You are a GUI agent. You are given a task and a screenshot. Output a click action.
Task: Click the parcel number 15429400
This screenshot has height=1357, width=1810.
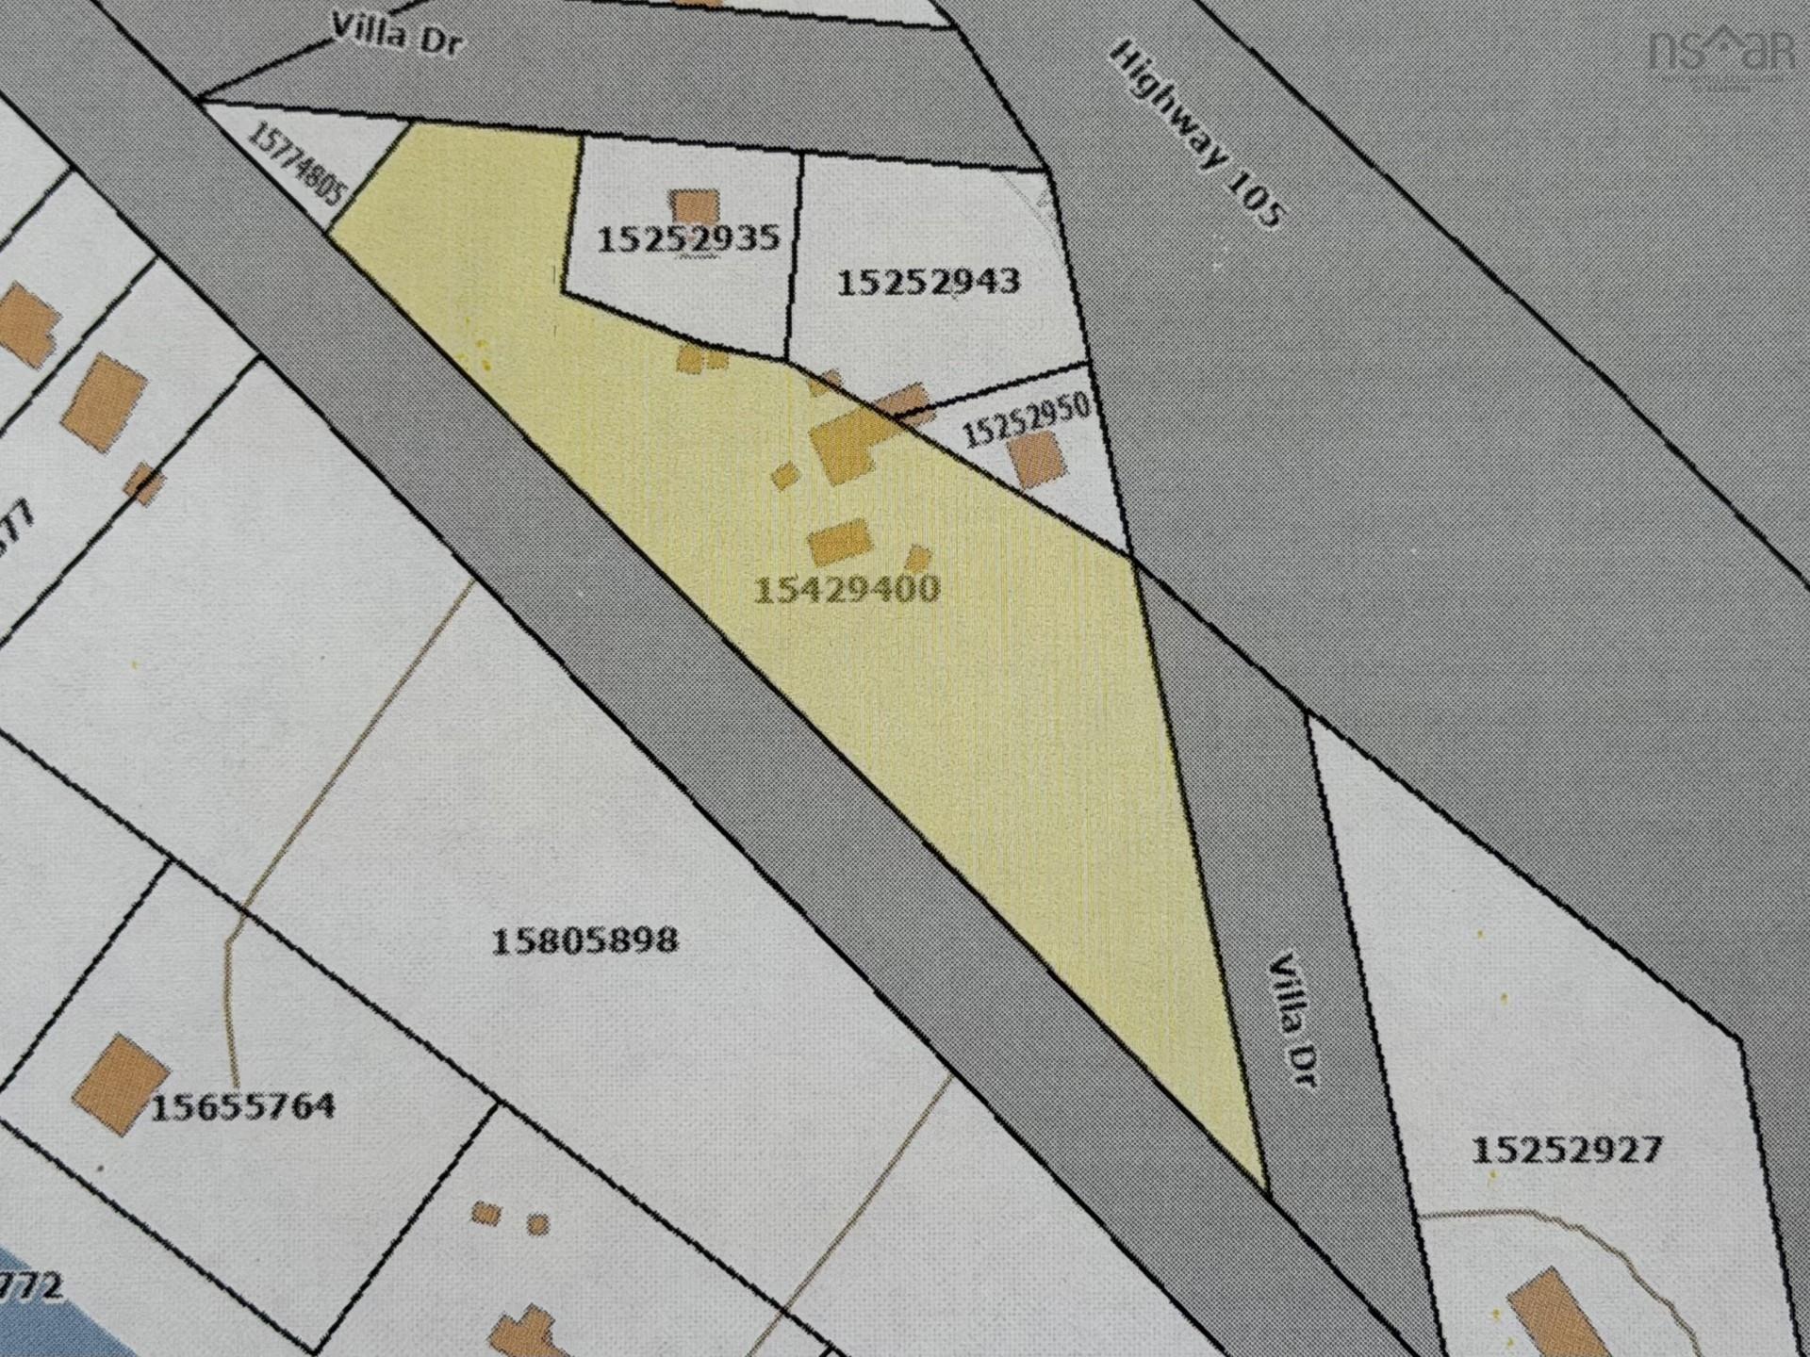pos(847,589)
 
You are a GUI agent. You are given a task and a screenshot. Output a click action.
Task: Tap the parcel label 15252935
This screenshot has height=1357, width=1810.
pos(689,238)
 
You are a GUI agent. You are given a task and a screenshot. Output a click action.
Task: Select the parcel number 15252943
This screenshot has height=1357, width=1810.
pos(928,281)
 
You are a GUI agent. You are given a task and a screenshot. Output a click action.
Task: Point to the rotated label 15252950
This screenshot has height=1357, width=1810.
pos(1027,420)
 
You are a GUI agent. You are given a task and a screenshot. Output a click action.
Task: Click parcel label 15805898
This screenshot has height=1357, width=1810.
pos(584,940)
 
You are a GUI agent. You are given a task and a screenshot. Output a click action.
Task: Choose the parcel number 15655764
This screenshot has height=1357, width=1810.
pos(243,1105)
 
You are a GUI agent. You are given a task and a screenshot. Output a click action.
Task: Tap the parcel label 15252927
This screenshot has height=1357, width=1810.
pos(1566,1150)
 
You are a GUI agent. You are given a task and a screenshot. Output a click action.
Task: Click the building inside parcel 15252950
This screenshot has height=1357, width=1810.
pos(1036,459)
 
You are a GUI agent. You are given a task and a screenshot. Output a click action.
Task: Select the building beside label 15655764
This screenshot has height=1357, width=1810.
pos(121,1084)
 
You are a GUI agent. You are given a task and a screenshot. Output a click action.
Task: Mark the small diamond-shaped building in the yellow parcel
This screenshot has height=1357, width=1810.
pos(784,475)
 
